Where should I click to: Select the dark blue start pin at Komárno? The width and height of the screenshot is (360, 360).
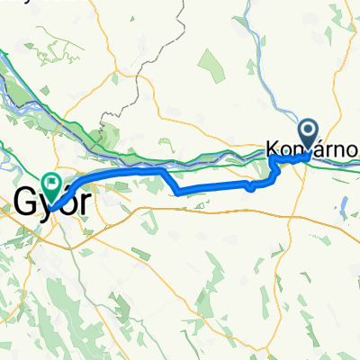pos(309,136)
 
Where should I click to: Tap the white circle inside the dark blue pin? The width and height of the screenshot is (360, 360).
pos(309,132)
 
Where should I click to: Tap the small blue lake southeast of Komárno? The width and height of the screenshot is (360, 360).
pos(345,203)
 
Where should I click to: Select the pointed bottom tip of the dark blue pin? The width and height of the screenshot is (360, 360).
pos(309,155)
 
